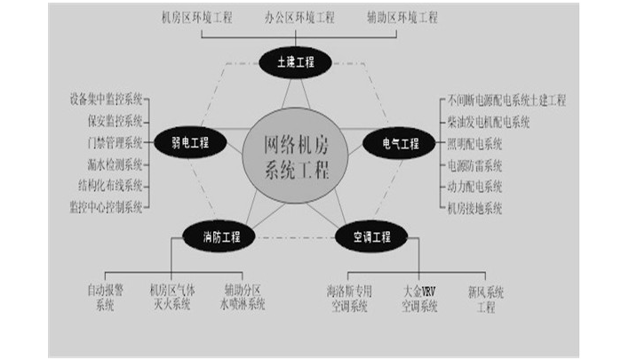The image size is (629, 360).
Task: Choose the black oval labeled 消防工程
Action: point(218,237)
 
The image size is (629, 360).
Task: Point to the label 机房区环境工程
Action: point(196,18)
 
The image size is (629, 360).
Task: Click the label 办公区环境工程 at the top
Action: point(299,18)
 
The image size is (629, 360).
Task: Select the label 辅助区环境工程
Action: point(402,18)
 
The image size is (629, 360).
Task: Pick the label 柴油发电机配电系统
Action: point(489,122)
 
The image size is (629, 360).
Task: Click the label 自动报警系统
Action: point(105,298)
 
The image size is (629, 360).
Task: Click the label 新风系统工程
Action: point(486,298)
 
